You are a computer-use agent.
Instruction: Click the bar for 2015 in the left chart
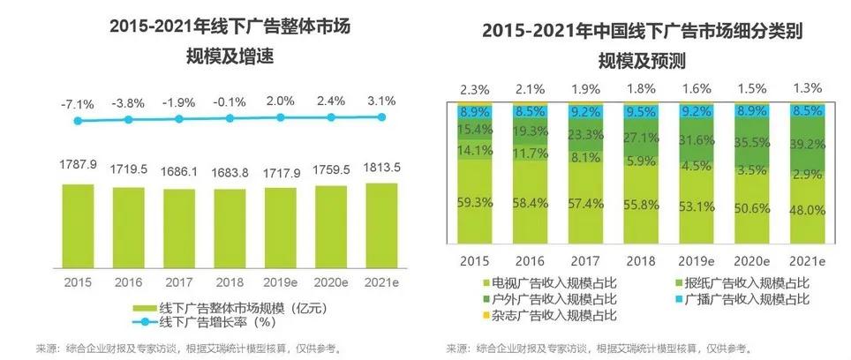(79, 225)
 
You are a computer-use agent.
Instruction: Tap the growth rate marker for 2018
(230, 118)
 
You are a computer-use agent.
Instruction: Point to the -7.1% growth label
(79, 101)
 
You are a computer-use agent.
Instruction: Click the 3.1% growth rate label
(382, 99)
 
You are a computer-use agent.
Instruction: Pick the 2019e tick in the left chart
(280, 281)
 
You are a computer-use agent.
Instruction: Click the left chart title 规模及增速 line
(230, 56)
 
